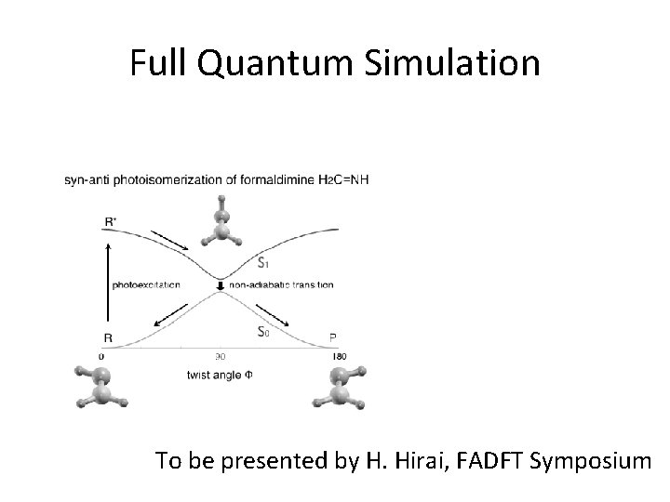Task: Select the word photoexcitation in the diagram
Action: (x=147, y=284)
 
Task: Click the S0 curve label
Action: (x=264, y=332)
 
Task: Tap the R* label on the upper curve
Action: (x=111, y=220)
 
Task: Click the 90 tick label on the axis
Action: (x=221, y=356)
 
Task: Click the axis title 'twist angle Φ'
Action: (x=220, y=375)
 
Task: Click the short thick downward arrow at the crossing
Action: (x=221, y=284)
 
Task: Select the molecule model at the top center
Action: (x=222, y=224)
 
